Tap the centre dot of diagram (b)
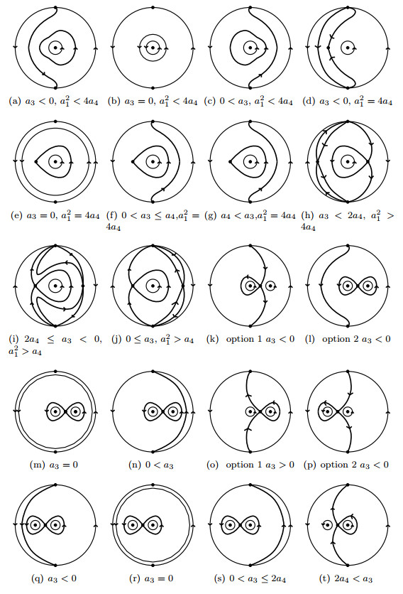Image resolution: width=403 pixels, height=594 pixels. click(x=153, y=48)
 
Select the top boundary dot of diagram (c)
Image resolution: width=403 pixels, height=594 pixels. click(x=250, y=7)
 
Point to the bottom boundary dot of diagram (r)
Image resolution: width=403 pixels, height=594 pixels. click(x=153, y=565)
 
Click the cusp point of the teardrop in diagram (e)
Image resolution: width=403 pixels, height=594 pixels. click(x=36, y=162)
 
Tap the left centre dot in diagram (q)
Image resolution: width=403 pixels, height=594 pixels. click(x=36, y=525)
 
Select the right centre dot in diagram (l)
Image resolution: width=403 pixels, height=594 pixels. click(x=367, y=286)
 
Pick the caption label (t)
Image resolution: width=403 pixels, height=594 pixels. click(x=324, y=579)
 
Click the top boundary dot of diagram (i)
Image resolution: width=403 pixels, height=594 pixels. click(x=55, y=245)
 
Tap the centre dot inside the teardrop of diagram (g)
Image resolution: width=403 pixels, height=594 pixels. click(x=250, y=162)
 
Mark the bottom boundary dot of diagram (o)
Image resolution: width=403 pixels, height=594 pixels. click(x=250, y=452)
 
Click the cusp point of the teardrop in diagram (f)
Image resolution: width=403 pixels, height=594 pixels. click(x=133, y=162)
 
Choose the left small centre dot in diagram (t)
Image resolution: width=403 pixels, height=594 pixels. click(x=328, y=525)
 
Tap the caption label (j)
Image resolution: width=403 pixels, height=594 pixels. click(x=116, y=339)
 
